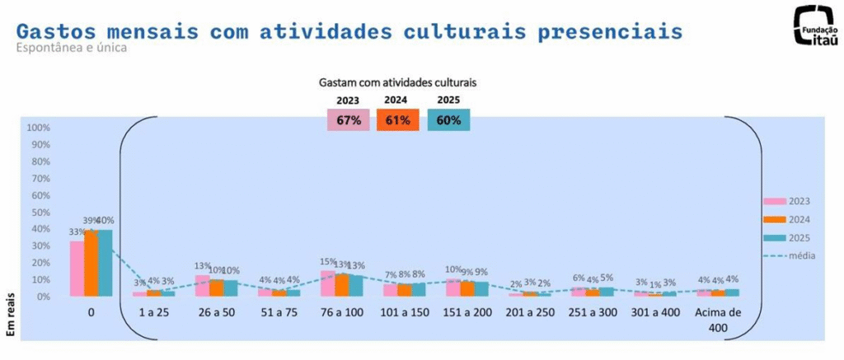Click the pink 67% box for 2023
349,120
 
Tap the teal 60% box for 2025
448,120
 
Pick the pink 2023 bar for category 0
77,269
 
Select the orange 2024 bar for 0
91,264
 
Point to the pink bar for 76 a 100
327,283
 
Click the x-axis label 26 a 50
216,314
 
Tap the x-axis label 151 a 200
467,314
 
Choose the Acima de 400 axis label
717,320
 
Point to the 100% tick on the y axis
39,128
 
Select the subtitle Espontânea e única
71,48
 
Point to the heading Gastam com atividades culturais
399,83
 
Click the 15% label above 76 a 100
327,263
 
